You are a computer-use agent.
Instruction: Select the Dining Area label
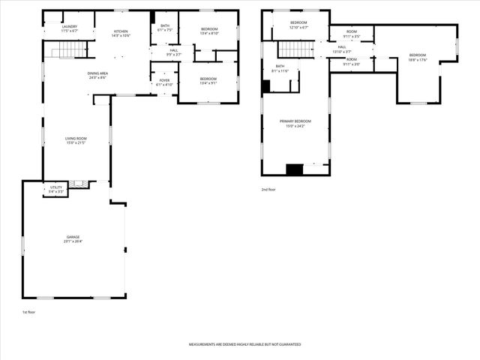click(97, 75)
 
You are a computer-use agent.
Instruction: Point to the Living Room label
click(76, 140)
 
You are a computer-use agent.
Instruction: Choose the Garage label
click(72, 239)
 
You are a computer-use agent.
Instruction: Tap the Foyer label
click(164, 82)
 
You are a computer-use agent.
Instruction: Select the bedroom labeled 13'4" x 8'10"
click(208, 31)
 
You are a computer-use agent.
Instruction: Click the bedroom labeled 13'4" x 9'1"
click(208, 80)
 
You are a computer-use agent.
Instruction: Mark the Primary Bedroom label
click(295, 123)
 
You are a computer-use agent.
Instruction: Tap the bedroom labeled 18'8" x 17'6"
click(417, 57)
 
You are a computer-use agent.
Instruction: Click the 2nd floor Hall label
click(342, 49)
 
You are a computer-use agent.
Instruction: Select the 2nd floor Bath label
click(280, 68)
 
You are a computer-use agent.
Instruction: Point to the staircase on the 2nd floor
click(295, 49)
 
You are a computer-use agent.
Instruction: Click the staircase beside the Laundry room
click(62, 49)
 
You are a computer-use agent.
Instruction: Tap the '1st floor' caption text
click(29, 311)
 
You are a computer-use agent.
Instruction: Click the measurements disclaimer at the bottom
click(244, 344)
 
